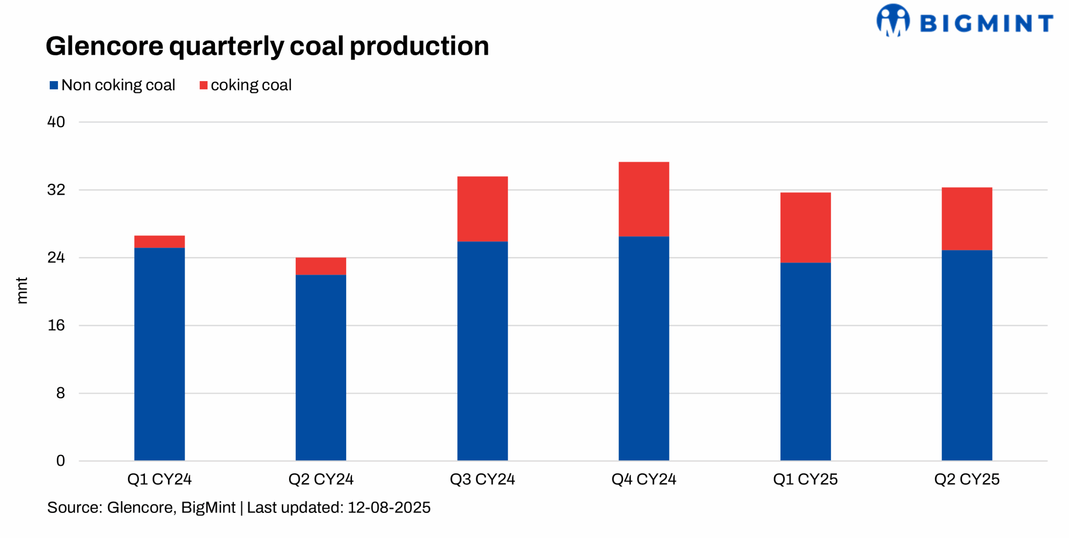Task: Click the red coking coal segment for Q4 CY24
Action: tap(643, 199)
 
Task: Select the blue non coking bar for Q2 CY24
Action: tap(321, 368)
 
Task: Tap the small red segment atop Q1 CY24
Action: tap(160, 241)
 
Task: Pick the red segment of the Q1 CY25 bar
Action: tap(805, 228)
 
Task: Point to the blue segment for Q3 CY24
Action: tap(482, 351)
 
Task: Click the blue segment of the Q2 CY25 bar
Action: tap(966, 355)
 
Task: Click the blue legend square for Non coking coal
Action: tap(53, 85)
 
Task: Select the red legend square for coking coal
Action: tap(203, 85)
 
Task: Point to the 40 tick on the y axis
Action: tap(56, 122)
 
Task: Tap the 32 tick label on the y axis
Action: tap(56, 190)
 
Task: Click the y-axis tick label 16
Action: tap(56, 325)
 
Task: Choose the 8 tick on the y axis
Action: tap(61, 393)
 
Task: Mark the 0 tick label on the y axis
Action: tap(61, 460)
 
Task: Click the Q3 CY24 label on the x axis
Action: tap(482, 479)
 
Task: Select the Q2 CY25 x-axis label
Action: tap(966, 479)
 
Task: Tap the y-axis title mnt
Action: tap(22, 290)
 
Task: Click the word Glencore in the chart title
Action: tap(104, 46)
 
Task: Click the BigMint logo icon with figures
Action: tap(892, 20)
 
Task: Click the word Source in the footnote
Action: tap(73, 508)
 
